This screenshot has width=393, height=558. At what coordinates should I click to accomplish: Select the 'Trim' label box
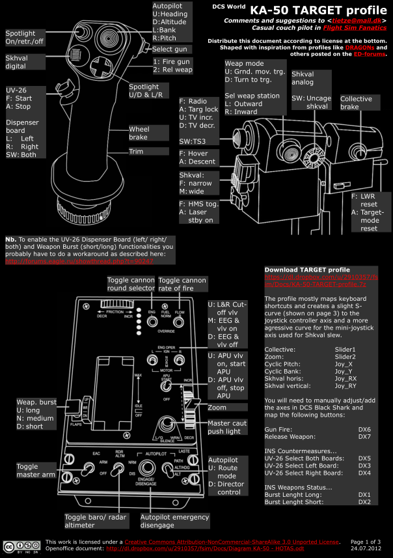tap(136, 150)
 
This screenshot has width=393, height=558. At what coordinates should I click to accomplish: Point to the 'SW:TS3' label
tap(193, 141)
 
